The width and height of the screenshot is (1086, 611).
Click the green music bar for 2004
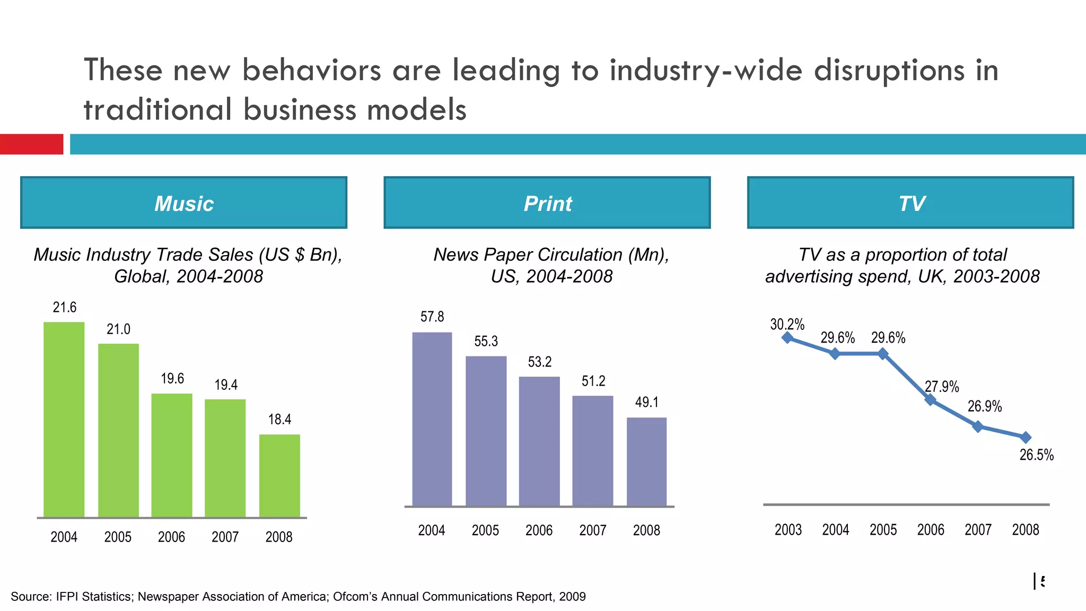(64, 419)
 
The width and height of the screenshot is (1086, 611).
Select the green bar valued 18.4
(279, 475)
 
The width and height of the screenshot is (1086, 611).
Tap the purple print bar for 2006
(539, 441)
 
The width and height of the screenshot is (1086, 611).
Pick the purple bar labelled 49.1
(646, 461)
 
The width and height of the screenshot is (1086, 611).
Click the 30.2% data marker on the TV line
(787, 337)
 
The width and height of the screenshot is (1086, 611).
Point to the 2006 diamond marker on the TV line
(930, 399)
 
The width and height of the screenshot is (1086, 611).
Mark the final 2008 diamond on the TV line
(1026, 437)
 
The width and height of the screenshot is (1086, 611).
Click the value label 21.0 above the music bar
(118, 329)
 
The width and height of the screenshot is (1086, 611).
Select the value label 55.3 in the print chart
(486, 341)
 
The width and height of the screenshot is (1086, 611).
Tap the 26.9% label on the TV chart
(985, 406)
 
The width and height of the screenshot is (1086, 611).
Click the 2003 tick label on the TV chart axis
(788, 529)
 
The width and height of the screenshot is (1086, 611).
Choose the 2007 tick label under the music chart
(225, 537)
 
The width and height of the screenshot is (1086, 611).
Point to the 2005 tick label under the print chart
(485, 530)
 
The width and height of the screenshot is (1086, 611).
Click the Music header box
(183, 203)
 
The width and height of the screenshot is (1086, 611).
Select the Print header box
(547, 203)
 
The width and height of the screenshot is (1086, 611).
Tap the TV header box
(910, 203)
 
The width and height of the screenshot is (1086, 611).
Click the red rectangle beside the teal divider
(31, 144)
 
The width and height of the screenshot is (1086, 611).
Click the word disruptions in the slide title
(889, 70)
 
